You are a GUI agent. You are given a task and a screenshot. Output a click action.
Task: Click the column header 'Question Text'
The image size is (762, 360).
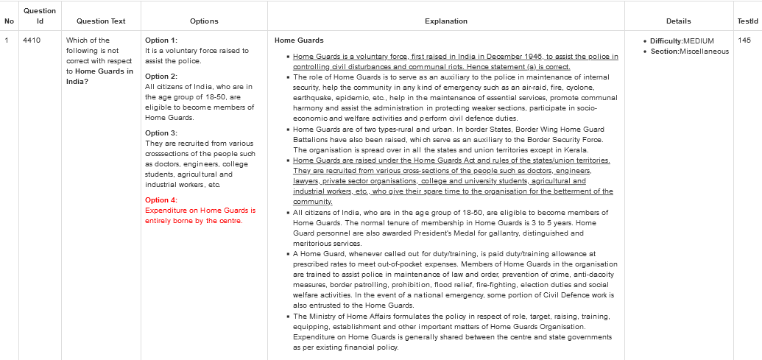click(x=101, y=21)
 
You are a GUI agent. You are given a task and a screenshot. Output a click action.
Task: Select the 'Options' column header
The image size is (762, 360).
click(x=204, y=21)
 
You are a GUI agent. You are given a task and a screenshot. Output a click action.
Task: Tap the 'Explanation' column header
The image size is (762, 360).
click(x=445, y=21)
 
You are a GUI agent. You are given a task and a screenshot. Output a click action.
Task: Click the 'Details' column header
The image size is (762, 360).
click(x=678, y=21)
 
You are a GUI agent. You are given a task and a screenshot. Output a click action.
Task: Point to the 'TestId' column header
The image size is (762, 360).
click(x=747, y=21)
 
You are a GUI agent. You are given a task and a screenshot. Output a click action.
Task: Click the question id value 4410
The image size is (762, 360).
click(x=32, y=40)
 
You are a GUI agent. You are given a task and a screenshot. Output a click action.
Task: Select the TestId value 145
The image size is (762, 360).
click(x=744, y=40)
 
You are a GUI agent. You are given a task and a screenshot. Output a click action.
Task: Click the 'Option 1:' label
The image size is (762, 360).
click(x=161, y=40)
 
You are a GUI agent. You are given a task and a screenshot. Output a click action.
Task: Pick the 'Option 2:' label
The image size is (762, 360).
click(x=161, y=77)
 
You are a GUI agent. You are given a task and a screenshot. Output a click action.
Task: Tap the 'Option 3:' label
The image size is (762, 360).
click(x=161, y=133)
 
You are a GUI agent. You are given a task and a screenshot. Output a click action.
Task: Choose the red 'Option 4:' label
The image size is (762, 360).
click(x=161, y=200)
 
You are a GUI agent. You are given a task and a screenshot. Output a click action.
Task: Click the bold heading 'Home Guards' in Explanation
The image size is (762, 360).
click(x=299, y=40)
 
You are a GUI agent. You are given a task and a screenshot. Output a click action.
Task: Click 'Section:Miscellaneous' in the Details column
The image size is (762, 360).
click(x=690, y=52)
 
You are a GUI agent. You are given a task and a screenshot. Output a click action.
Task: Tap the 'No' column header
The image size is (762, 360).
click(x=9, y=21)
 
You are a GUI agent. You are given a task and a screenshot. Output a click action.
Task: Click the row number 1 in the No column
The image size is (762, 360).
click(x=7, y=40)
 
